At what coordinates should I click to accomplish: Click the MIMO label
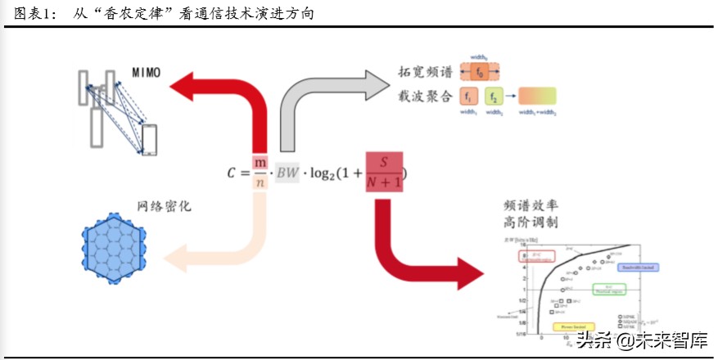[147, 72]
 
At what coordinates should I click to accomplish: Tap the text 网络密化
[164, 208]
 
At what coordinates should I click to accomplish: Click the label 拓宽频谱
[425, 73]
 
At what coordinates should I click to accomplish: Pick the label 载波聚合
[425, 97]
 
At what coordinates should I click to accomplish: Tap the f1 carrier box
[471, 97]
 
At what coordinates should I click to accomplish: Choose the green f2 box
[494, 97]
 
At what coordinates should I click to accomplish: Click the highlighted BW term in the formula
[287, 173]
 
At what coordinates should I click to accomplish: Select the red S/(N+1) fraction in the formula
[385, 173]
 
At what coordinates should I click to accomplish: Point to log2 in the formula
[328, 174]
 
